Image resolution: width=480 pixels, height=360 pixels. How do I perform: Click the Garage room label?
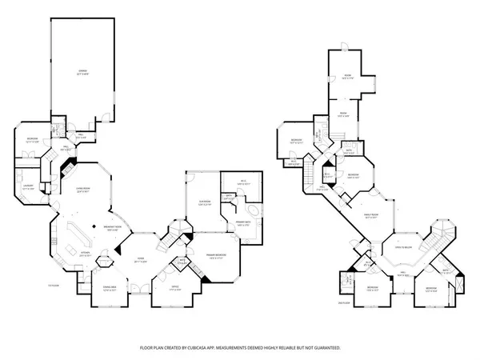(82, 73)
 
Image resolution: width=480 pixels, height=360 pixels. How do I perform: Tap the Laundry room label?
(28, 190)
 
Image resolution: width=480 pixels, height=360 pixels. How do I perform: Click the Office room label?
(173, 290)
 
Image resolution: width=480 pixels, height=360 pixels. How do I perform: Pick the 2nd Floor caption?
(345, 303)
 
